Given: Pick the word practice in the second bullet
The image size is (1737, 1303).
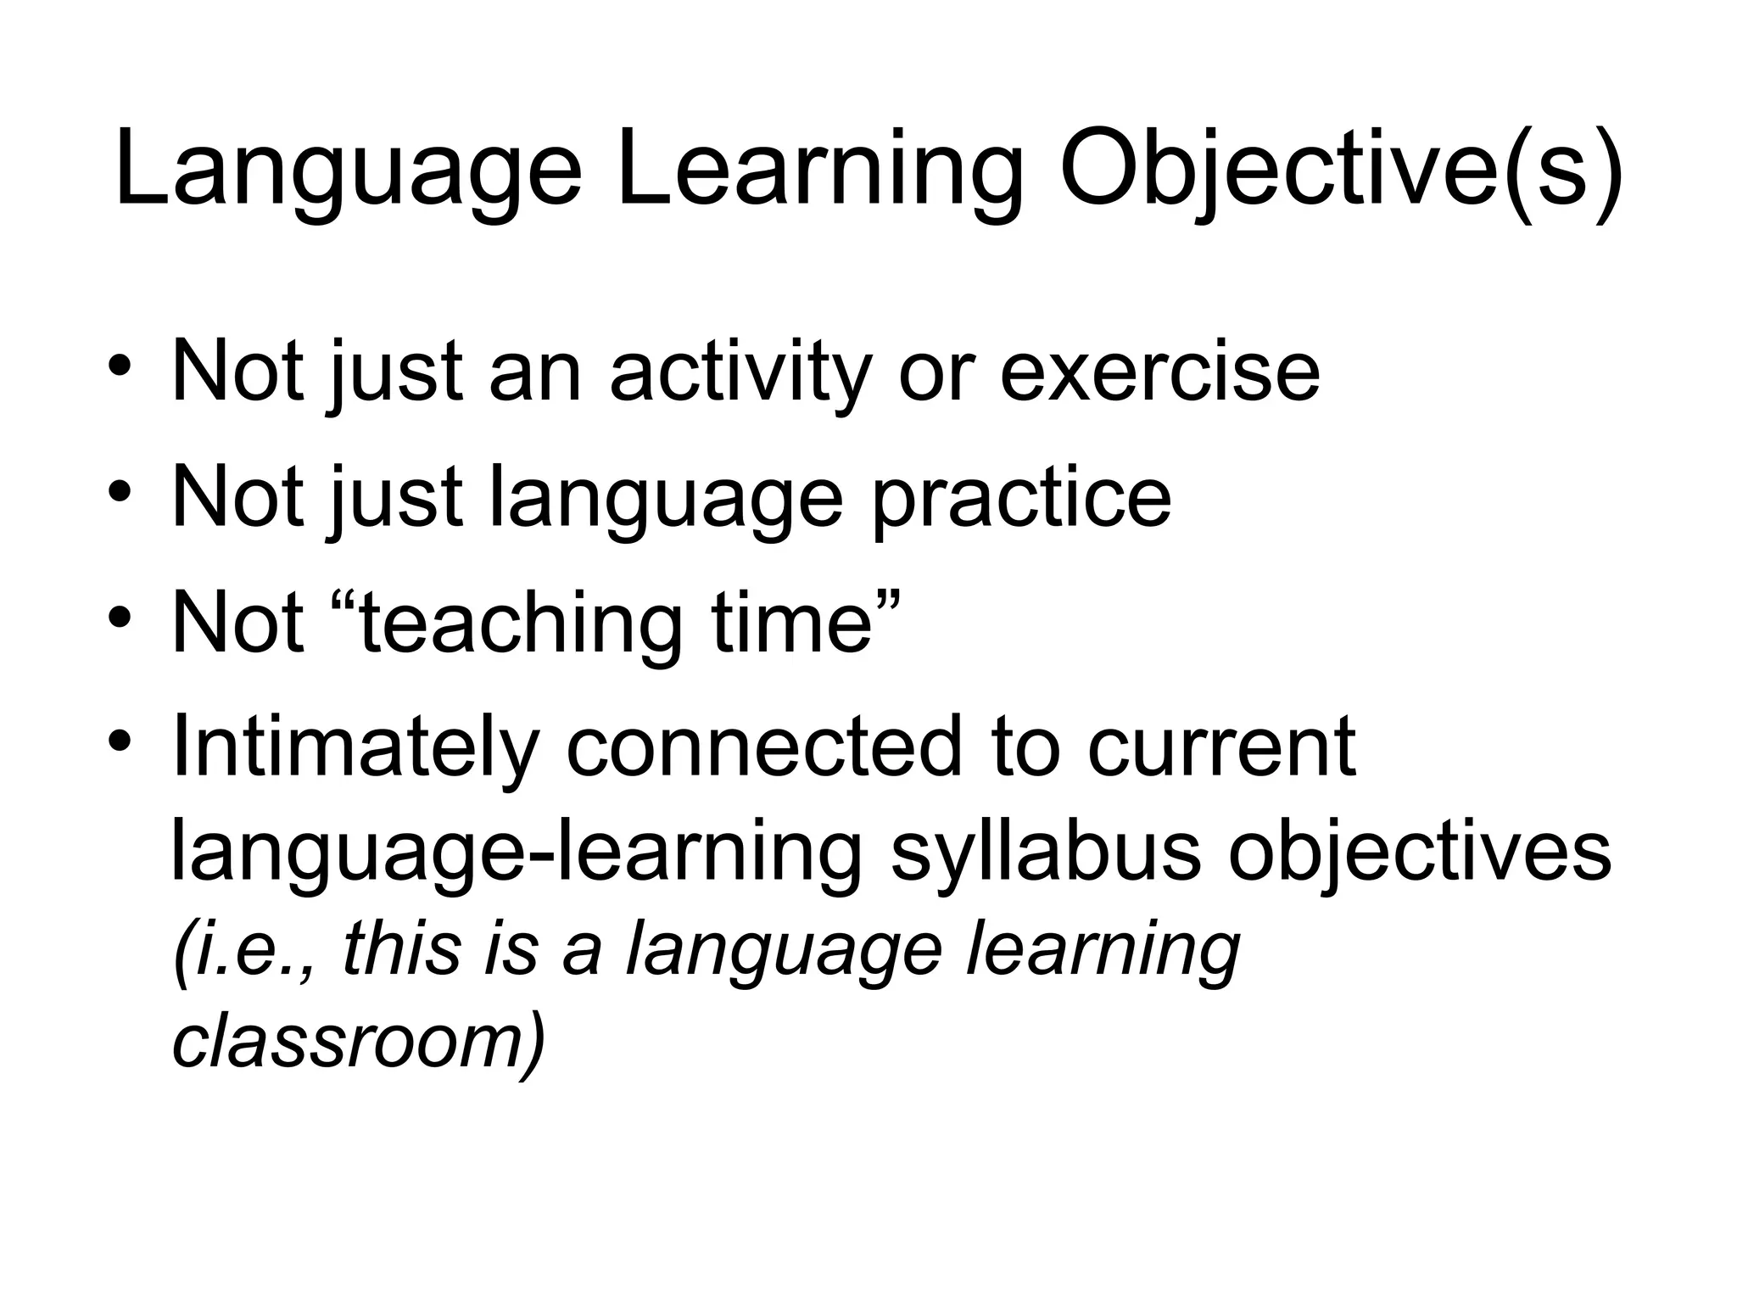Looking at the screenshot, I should tap(1022, 499).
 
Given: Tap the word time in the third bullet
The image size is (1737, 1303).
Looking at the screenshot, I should tap(793, 624).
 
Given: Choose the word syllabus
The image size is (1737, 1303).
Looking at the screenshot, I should tap(1046, 853).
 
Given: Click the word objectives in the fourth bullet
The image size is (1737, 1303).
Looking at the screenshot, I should tap(1419, 853).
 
